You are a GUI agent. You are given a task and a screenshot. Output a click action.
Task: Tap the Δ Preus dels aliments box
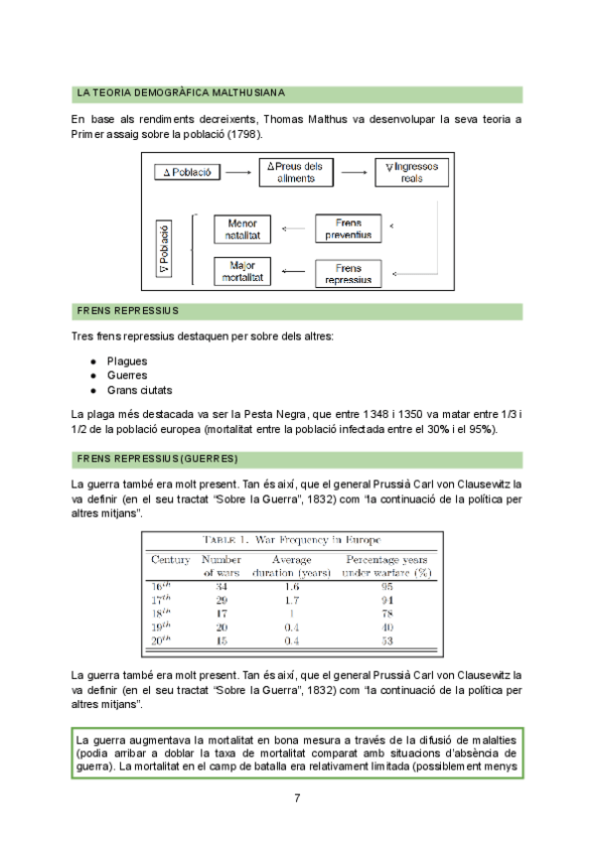tap(296, 172)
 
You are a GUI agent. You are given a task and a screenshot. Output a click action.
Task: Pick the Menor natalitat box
tap(242, 229)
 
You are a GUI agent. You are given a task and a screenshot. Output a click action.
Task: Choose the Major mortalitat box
tap(242, 271)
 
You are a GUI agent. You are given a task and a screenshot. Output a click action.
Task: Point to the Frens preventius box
tap(348, 229)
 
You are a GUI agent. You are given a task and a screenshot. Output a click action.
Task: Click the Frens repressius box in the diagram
tap(348, 273)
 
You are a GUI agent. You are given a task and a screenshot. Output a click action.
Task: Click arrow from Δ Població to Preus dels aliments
tap(236, 173)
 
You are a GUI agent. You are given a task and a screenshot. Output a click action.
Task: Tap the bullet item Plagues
tap(127, 360)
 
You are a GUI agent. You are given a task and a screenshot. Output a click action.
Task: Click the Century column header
tap(170, 560)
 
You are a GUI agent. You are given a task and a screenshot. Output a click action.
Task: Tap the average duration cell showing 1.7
tap(292, 600)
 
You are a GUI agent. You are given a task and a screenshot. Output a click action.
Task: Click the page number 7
tap(297, 799)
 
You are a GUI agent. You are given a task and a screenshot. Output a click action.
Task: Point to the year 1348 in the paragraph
tap(345, 414)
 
